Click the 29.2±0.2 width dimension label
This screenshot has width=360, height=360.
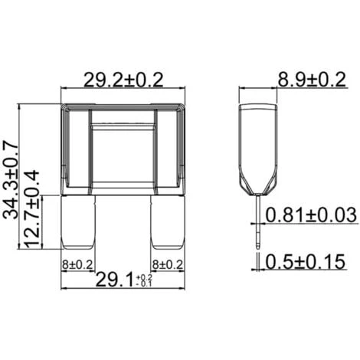tap(123, 77)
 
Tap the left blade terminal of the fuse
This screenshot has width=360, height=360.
tap(79, 222)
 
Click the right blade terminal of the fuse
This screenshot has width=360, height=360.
tap(169, 222)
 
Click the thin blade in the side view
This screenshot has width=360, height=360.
tap(258, 222)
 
